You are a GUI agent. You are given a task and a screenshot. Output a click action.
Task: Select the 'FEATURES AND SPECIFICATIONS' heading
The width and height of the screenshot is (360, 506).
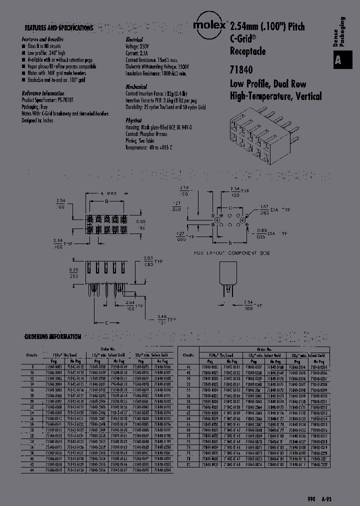[58, 28]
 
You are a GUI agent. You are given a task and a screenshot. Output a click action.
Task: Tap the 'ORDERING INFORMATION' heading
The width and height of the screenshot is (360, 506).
[52, 337]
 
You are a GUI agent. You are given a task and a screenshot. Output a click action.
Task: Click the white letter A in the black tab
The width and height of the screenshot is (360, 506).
[338, 60]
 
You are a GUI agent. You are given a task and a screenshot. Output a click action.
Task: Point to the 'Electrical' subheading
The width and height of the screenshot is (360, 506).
[134, 39]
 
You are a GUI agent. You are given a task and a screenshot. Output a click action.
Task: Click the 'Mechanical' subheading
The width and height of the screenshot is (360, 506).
[136, 87]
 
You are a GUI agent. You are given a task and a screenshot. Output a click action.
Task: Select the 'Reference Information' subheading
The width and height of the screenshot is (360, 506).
[43, 93]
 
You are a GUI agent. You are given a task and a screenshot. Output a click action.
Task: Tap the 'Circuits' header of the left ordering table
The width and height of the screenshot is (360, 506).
[31, 354]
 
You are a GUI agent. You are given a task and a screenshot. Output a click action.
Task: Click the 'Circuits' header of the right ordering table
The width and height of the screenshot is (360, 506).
[188, 354]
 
